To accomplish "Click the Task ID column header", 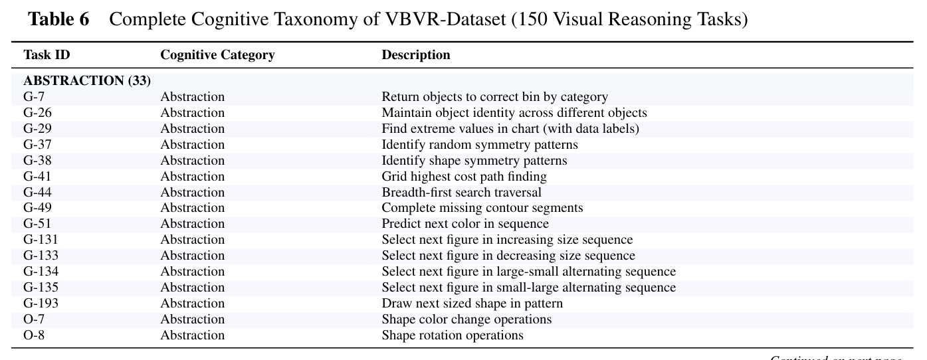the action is [47, 54].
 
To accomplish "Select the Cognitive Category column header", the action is [217, 55].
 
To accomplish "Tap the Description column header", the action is [415, 55].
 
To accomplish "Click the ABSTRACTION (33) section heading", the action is [87, 80].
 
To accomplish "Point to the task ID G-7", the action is [33, 96].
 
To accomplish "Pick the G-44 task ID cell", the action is [37, 192].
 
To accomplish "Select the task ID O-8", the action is [33, 335].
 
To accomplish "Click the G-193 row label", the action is [41, 303].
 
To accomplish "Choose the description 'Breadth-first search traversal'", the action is [461, 192].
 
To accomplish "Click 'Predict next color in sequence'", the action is [464, 223].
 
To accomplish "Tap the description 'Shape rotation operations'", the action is [452, 335].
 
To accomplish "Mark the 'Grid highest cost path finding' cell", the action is [464, 176].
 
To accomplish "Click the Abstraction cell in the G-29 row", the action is [192, 128].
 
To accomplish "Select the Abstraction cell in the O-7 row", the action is [192, 319].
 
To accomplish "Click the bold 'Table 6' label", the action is [58, 19].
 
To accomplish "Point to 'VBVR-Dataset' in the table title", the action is [446, 19].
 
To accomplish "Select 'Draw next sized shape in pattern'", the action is [472, 304].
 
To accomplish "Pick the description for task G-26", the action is [514, 112].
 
